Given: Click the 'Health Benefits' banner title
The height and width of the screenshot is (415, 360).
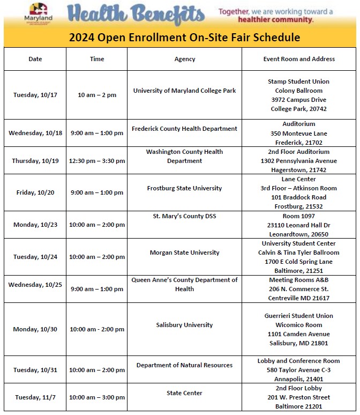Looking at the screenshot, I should click(x=136, y=14).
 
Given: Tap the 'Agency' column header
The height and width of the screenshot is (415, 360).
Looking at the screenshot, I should click(x=185, y=59).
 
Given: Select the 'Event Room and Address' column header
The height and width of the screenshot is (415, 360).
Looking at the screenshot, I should click(x=299, y=59).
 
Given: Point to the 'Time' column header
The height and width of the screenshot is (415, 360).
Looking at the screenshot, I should click(x=97, y=59).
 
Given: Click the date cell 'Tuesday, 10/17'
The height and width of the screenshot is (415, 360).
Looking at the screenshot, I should click(x=35, y=95).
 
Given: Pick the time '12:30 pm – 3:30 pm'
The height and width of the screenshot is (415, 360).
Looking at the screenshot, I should click(x=97, y=161).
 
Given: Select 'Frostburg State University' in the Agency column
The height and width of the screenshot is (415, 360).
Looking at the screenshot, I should click(x=185, y=188).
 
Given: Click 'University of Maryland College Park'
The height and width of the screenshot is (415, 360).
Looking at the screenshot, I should click(x=185, y=91).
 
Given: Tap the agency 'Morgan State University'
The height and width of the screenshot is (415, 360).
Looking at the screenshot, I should click(x=185, y=253).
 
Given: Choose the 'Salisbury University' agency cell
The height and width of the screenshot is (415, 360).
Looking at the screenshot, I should click(x=185, y=325).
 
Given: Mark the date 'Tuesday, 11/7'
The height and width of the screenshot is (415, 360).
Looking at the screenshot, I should click(x=35, y=397).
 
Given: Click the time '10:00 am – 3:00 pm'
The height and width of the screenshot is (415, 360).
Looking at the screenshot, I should click(x=97, y=397).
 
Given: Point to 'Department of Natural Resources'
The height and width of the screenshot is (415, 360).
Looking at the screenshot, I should click(x=185, y=365).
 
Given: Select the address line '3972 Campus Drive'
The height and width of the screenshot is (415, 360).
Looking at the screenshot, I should click(x=299, y=100).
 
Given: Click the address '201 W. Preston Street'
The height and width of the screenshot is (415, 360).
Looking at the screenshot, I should click(x=299, y=397).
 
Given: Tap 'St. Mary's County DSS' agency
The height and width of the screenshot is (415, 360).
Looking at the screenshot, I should click(x=185, y=216).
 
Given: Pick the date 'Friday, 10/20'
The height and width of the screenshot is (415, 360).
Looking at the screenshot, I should click(x=35, y=192).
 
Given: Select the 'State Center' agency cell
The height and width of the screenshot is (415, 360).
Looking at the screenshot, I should click(x=185, y=393).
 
